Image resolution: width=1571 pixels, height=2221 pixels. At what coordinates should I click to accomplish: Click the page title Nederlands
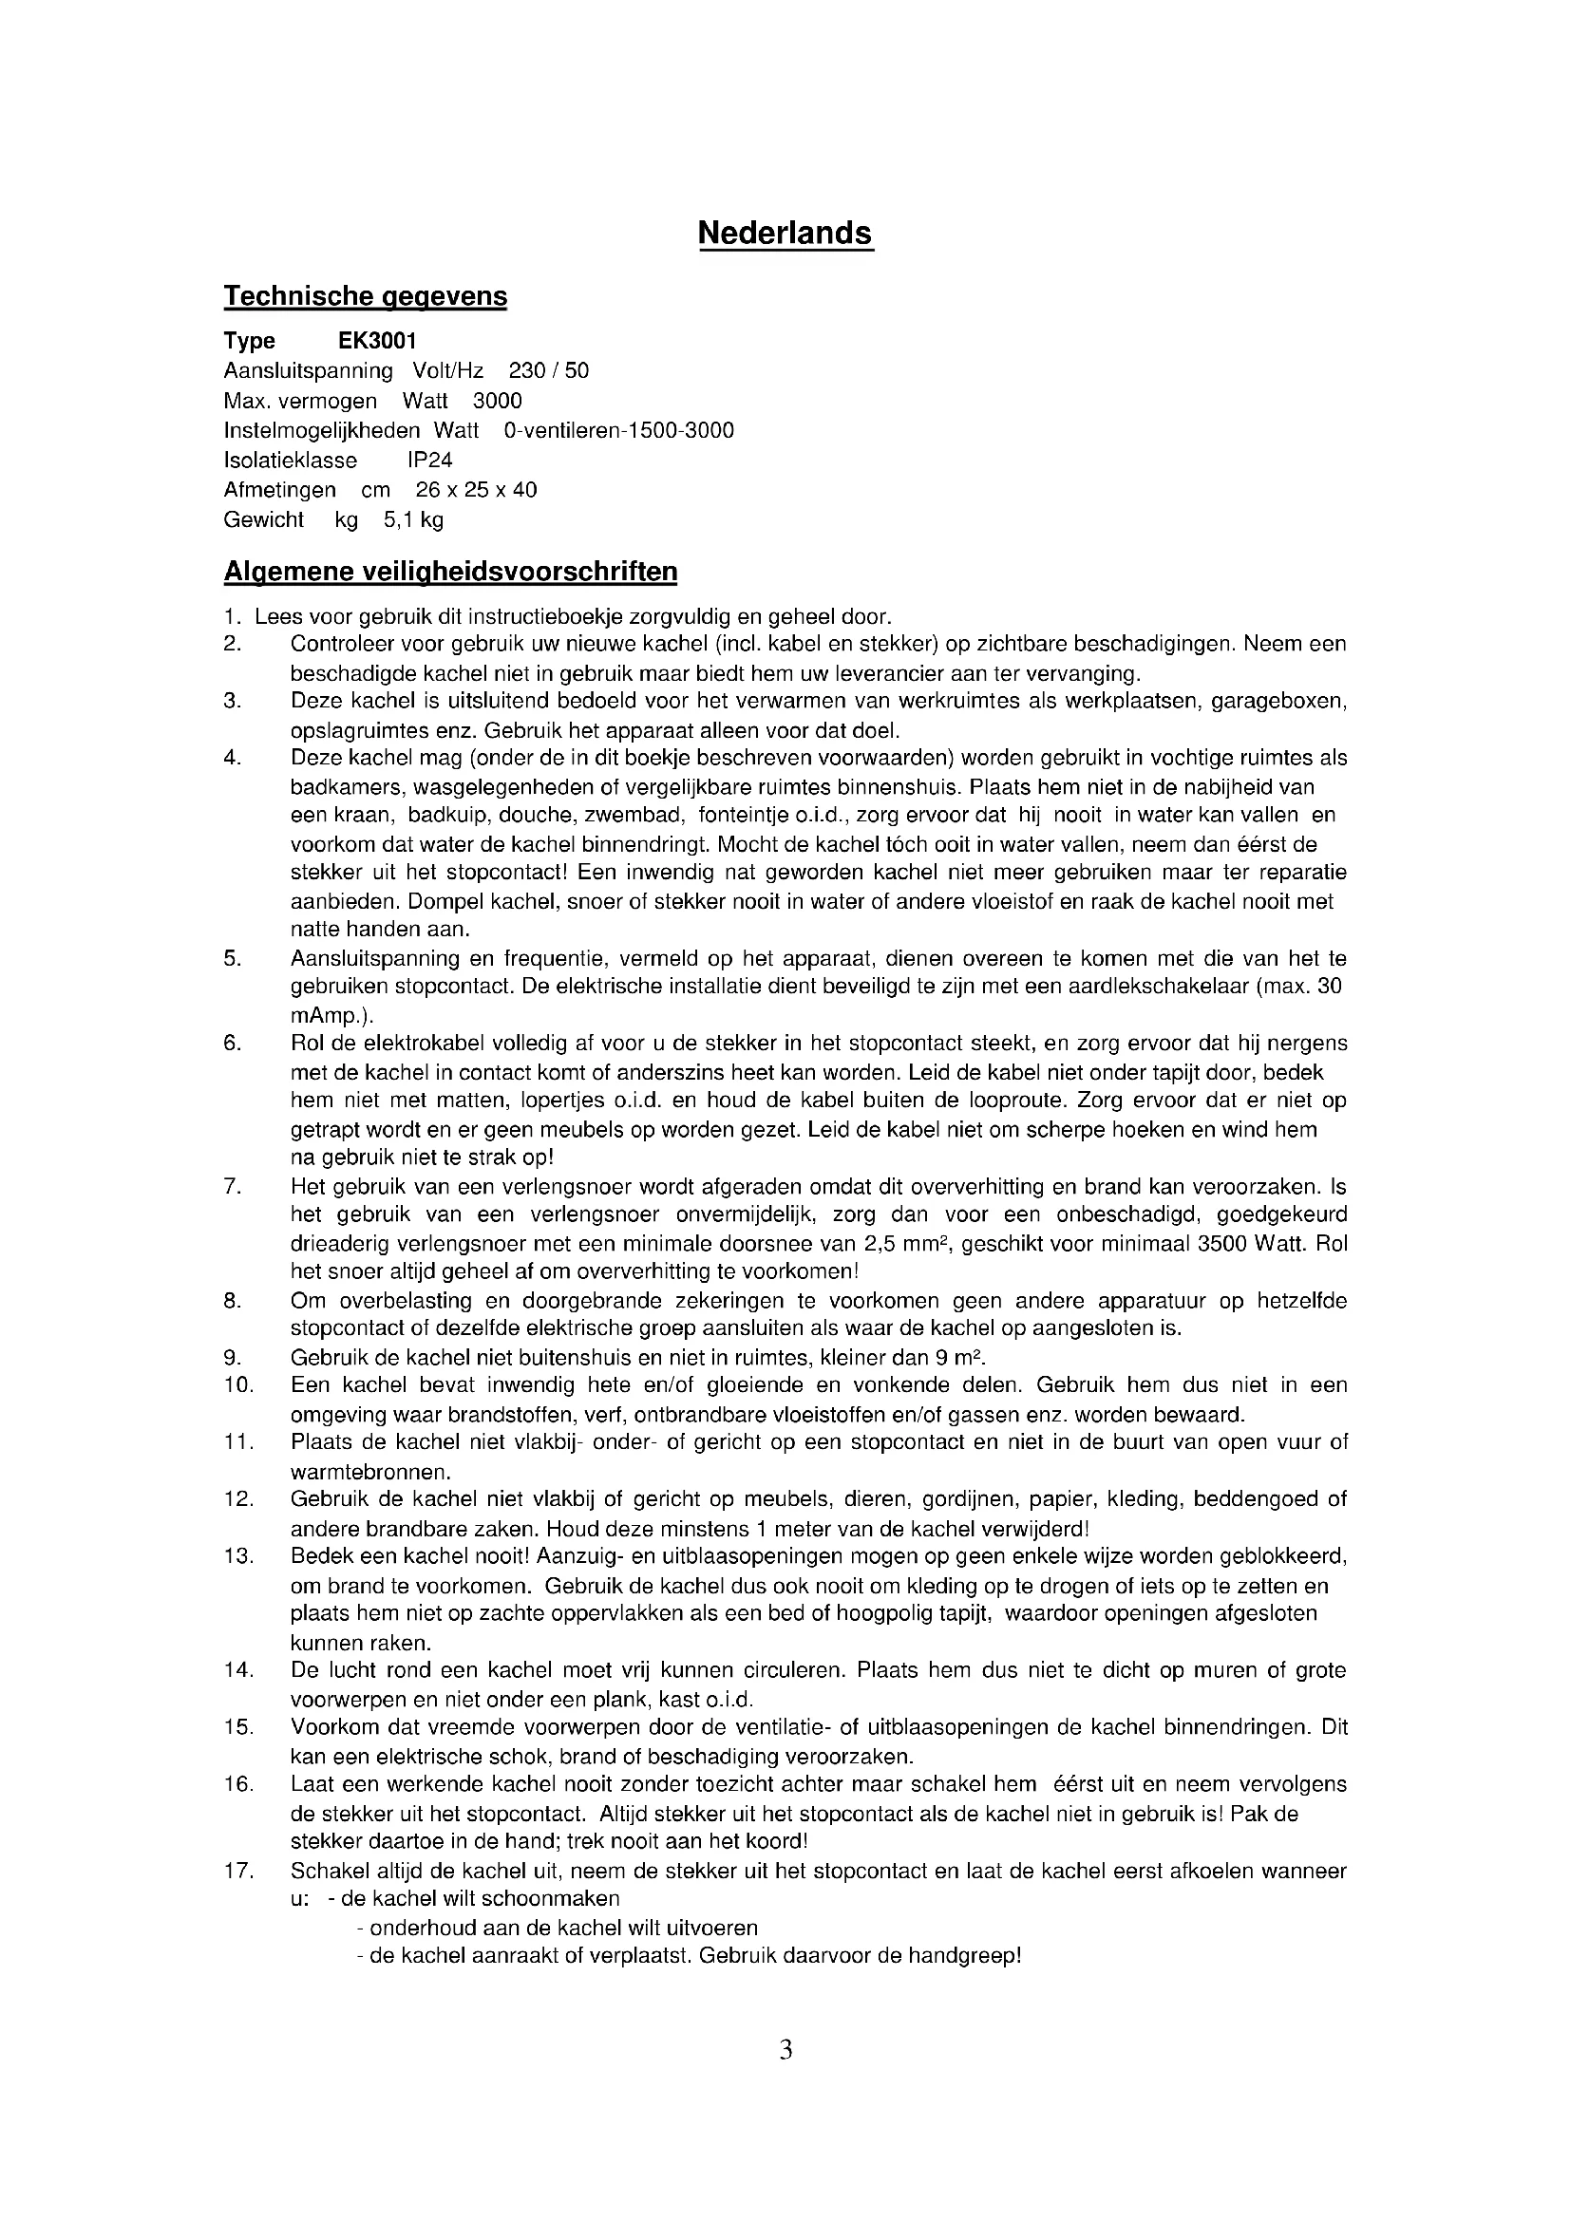tap(785, 234)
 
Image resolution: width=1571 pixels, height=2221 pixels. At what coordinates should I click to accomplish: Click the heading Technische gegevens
tap(365, 296)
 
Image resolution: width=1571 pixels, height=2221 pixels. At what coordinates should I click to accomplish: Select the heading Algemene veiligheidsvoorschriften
tap(450, 572)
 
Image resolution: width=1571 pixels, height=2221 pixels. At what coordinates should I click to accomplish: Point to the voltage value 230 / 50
tap(548, 370)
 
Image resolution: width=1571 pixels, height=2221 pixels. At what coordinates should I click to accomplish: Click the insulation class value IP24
tap(429, 460)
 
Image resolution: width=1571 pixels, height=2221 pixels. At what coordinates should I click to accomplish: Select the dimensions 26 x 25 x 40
tap(476, 489)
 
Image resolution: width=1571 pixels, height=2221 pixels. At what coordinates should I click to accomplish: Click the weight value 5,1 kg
tap(413, 519)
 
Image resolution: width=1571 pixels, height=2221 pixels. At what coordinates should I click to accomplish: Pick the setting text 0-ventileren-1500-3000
tap(618, 430)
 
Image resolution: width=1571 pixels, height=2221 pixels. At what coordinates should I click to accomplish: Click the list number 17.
tap(238, 1870)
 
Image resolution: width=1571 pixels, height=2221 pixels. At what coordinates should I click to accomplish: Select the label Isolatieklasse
tap(291, 460)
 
